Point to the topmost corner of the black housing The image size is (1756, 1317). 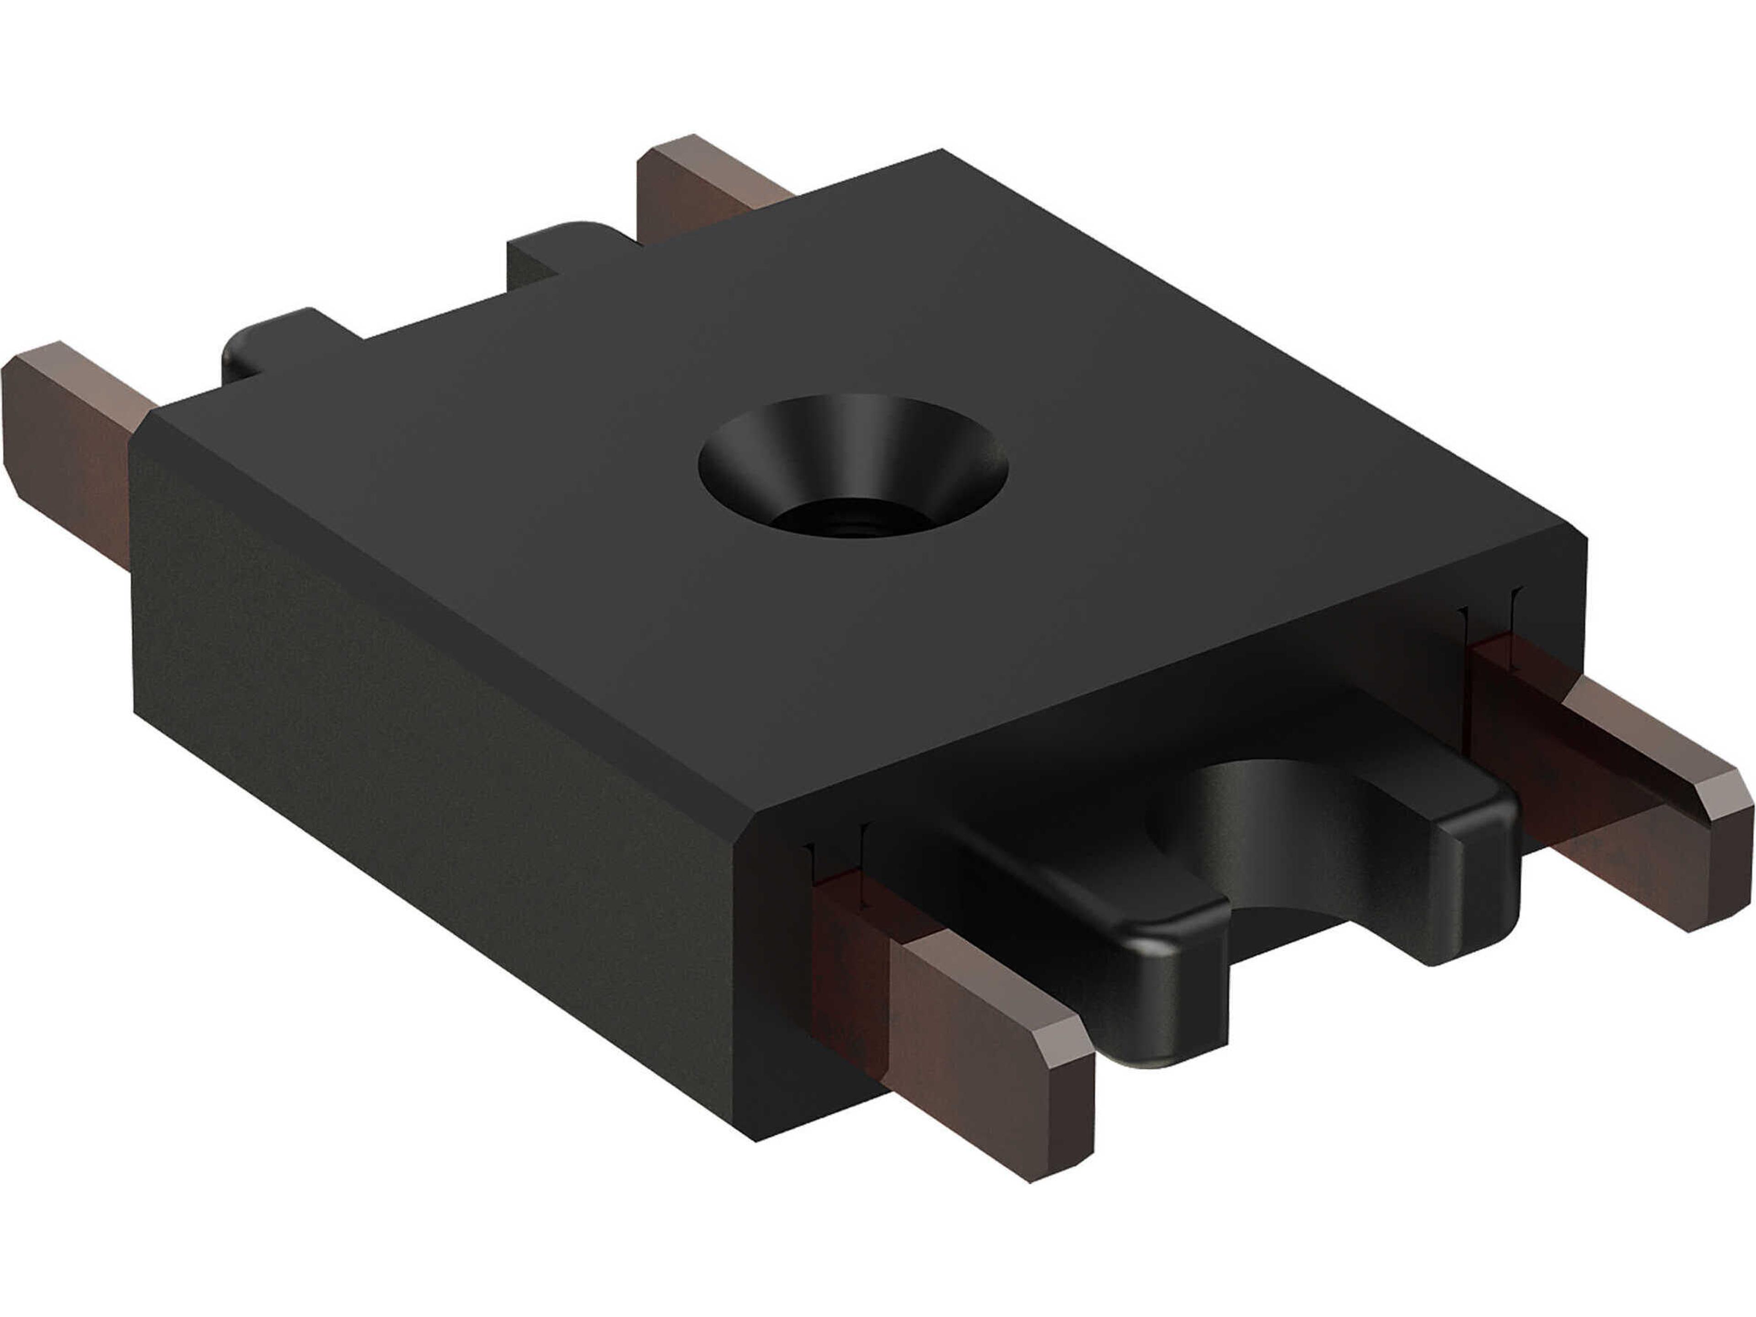941,151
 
